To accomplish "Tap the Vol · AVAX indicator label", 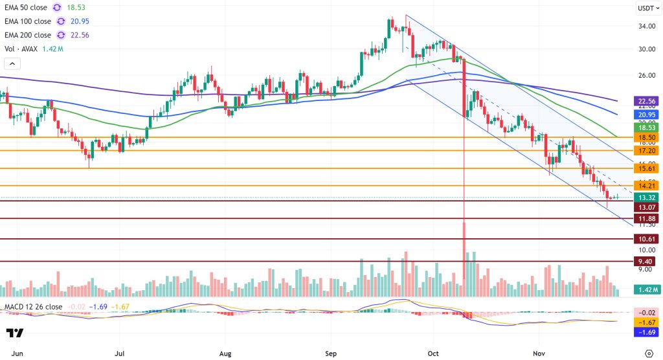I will coord(25,49).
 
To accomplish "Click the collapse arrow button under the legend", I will coord(12,63).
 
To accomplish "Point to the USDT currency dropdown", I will coord(647,8).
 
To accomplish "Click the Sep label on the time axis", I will coord(331,354).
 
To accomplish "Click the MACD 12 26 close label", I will coord(32,306).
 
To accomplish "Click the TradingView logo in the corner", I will coord(15,333).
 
